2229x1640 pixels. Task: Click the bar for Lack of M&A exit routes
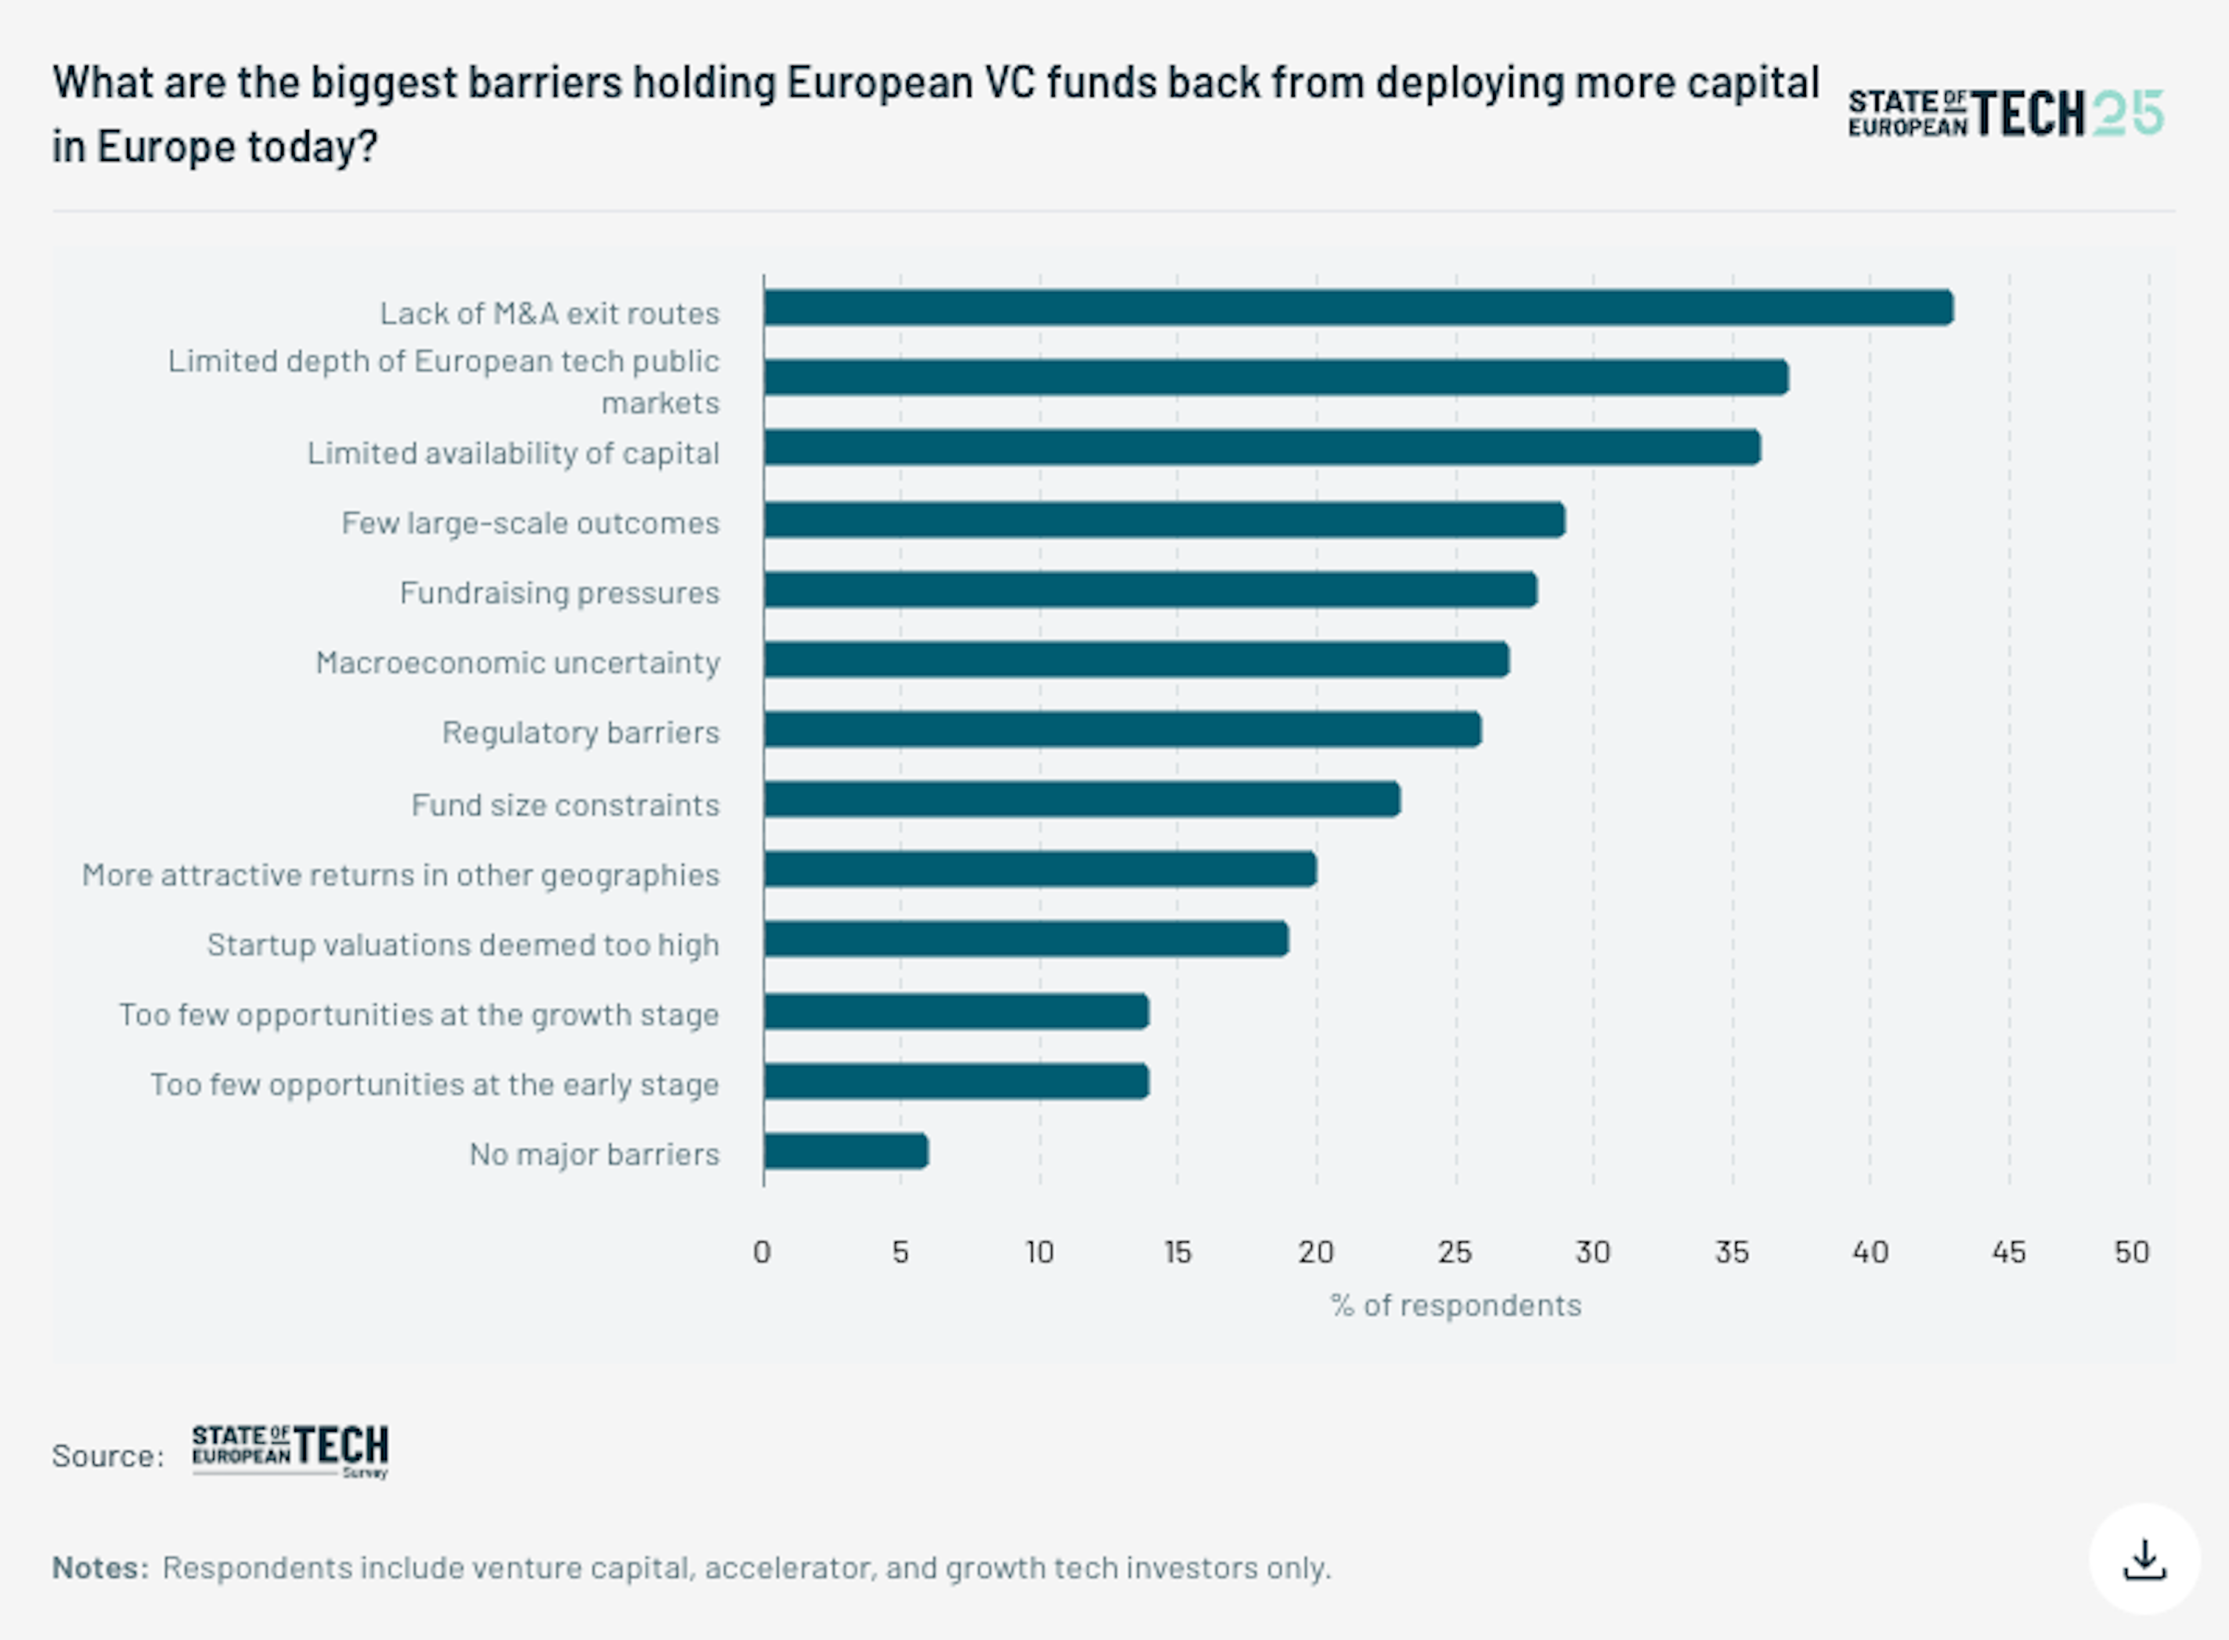pyautogui.click(x=1358, y=308)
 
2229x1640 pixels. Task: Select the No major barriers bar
pyautogui.click(x=846, y=1152)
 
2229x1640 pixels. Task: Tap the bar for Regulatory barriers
pyautogui.click(x=1121, y=730)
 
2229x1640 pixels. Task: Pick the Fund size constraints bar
pyautogui.click(x=1082, y=799)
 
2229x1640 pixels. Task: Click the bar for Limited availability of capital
pyautogui.click(x=1261, y=448)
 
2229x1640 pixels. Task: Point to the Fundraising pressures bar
pyautogui.click(x=1150, y=590)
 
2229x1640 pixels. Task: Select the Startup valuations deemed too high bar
pyautogui.click(x=1026, y=939)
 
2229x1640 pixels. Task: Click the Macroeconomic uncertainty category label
pyautogui.click(x=517, y=662)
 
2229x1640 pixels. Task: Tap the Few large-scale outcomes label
pyautogui.click(x=530, y=522)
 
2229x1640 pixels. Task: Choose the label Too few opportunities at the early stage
pyautogui.click(x=435, y=1084)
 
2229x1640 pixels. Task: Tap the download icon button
pyautogui.click(x=2144, y=1559)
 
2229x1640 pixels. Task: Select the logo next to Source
pyautogui.click(x=290, y=1451)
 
